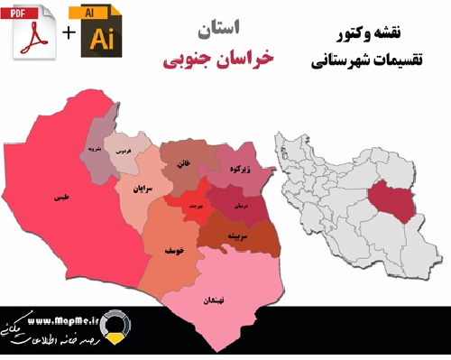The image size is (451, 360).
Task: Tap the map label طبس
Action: pyautogui.click(x=61, y=196)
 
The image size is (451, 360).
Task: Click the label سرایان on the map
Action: pyautogui.click(x=133, y=189)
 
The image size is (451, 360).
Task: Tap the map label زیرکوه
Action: pyautogui.click(x=239, y=169)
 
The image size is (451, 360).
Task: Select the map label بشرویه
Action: pyautogui.click(x=94, y=147)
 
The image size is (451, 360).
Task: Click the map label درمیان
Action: pyautogui.click(x=240, y=206)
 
